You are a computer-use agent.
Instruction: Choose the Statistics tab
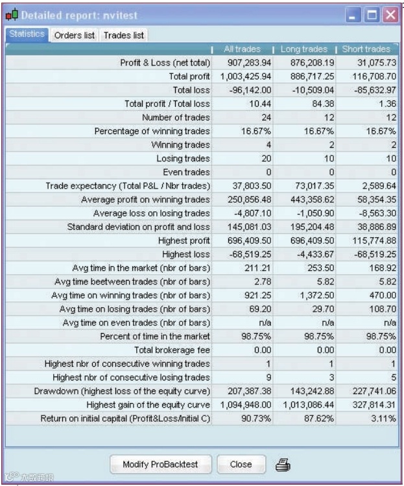pos(27,35)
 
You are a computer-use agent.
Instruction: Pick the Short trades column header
pos(365,49)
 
